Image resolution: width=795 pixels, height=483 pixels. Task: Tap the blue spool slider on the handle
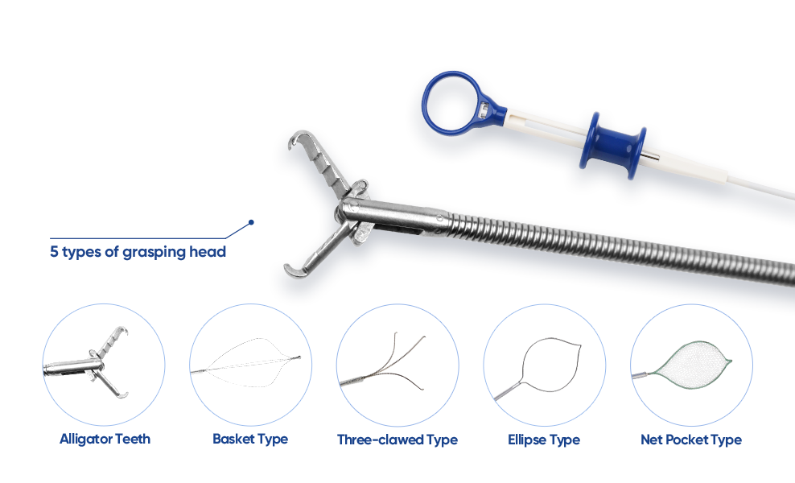613,146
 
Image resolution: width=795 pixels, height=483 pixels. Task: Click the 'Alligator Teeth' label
105,439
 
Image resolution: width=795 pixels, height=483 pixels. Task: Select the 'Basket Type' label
250,440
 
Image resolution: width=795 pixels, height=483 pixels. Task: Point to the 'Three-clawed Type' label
397,440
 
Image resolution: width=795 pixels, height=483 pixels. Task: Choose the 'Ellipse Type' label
544,440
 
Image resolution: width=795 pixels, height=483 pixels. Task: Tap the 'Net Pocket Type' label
691,440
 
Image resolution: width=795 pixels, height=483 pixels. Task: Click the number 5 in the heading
54,251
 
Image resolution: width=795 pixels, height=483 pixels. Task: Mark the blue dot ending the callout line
251,222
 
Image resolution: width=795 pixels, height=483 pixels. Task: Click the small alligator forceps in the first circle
87,364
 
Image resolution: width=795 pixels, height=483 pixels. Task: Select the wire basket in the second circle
246,363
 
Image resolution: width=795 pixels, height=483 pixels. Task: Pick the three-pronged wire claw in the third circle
383,361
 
